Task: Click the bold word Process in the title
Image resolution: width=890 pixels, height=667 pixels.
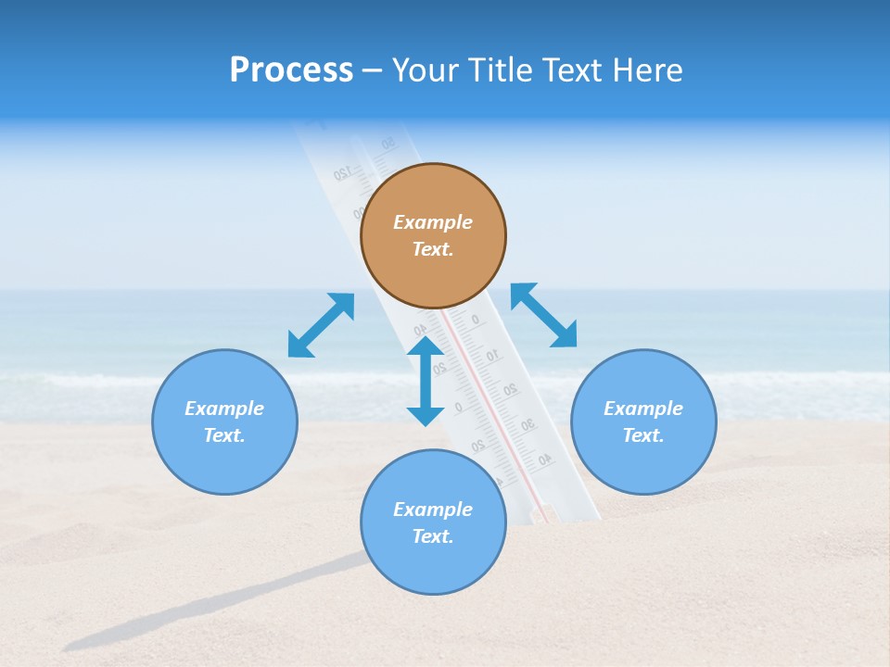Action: pos(291,70)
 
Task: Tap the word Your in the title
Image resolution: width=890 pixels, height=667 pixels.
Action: pos(428,70)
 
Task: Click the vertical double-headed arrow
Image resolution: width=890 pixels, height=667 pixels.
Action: pos(426,381)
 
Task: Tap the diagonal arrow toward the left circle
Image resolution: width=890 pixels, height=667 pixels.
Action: pos(321,325)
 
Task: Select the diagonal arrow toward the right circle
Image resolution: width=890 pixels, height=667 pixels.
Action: pos(544,316)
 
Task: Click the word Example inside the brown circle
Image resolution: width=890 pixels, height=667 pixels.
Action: pos(433,222)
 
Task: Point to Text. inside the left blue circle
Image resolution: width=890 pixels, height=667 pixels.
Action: pos(224,435)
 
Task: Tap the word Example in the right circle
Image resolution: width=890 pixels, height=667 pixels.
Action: pos(643,409)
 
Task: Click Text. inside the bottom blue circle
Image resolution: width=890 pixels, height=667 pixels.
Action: pos(433,536)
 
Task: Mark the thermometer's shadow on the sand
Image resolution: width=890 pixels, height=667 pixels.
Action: pos(213,607)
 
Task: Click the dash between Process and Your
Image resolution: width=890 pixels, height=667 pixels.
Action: pos(373,71)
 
